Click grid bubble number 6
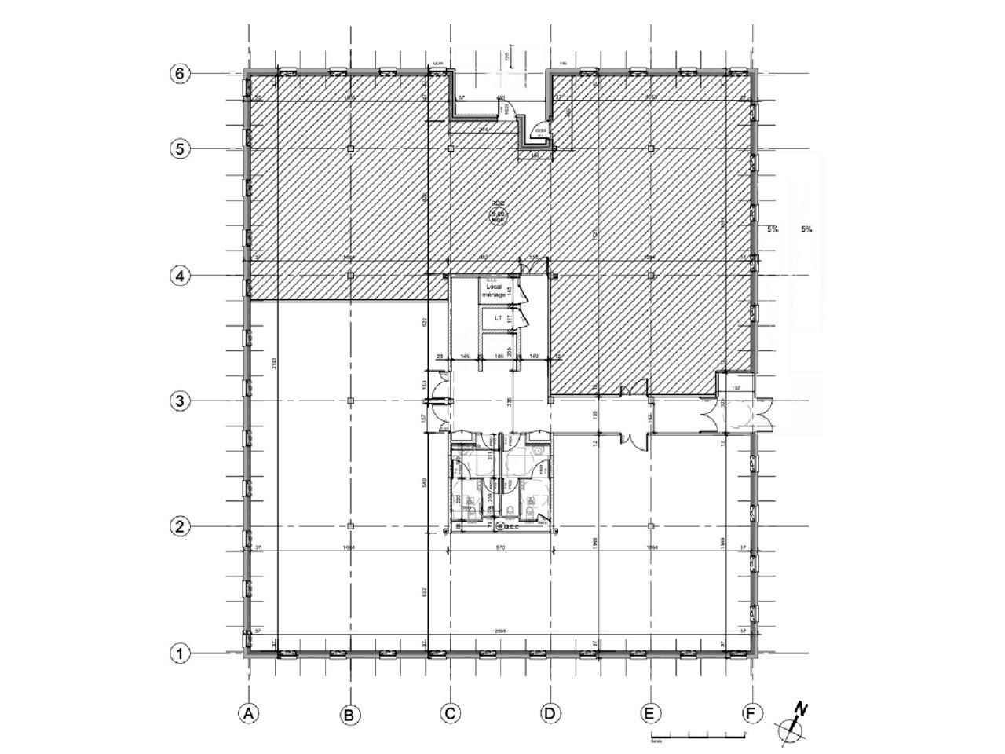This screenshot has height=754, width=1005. coord(180,74)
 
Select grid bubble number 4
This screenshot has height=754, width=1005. coord(180,276)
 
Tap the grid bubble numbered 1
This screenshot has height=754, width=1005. coord(180,653)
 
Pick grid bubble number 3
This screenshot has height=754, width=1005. coord(180,401)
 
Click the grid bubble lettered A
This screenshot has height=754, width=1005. coord(249,713)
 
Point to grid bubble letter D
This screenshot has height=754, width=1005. coord(550,713)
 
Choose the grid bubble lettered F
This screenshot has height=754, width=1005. coord(752,713)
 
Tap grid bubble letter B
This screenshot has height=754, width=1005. coord(349,714)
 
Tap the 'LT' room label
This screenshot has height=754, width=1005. coord(498,319)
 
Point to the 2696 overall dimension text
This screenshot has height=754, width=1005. coord(500,631)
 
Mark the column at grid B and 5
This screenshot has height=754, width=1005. coord(350,148)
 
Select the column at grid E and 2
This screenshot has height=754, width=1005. coord(651,525)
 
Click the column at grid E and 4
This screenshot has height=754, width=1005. coord(651,275)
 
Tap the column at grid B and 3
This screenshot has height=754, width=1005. coord(350,401)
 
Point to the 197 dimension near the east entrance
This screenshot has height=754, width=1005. coord(736,389)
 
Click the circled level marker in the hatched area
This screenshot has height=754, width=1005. coord(497,214)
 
